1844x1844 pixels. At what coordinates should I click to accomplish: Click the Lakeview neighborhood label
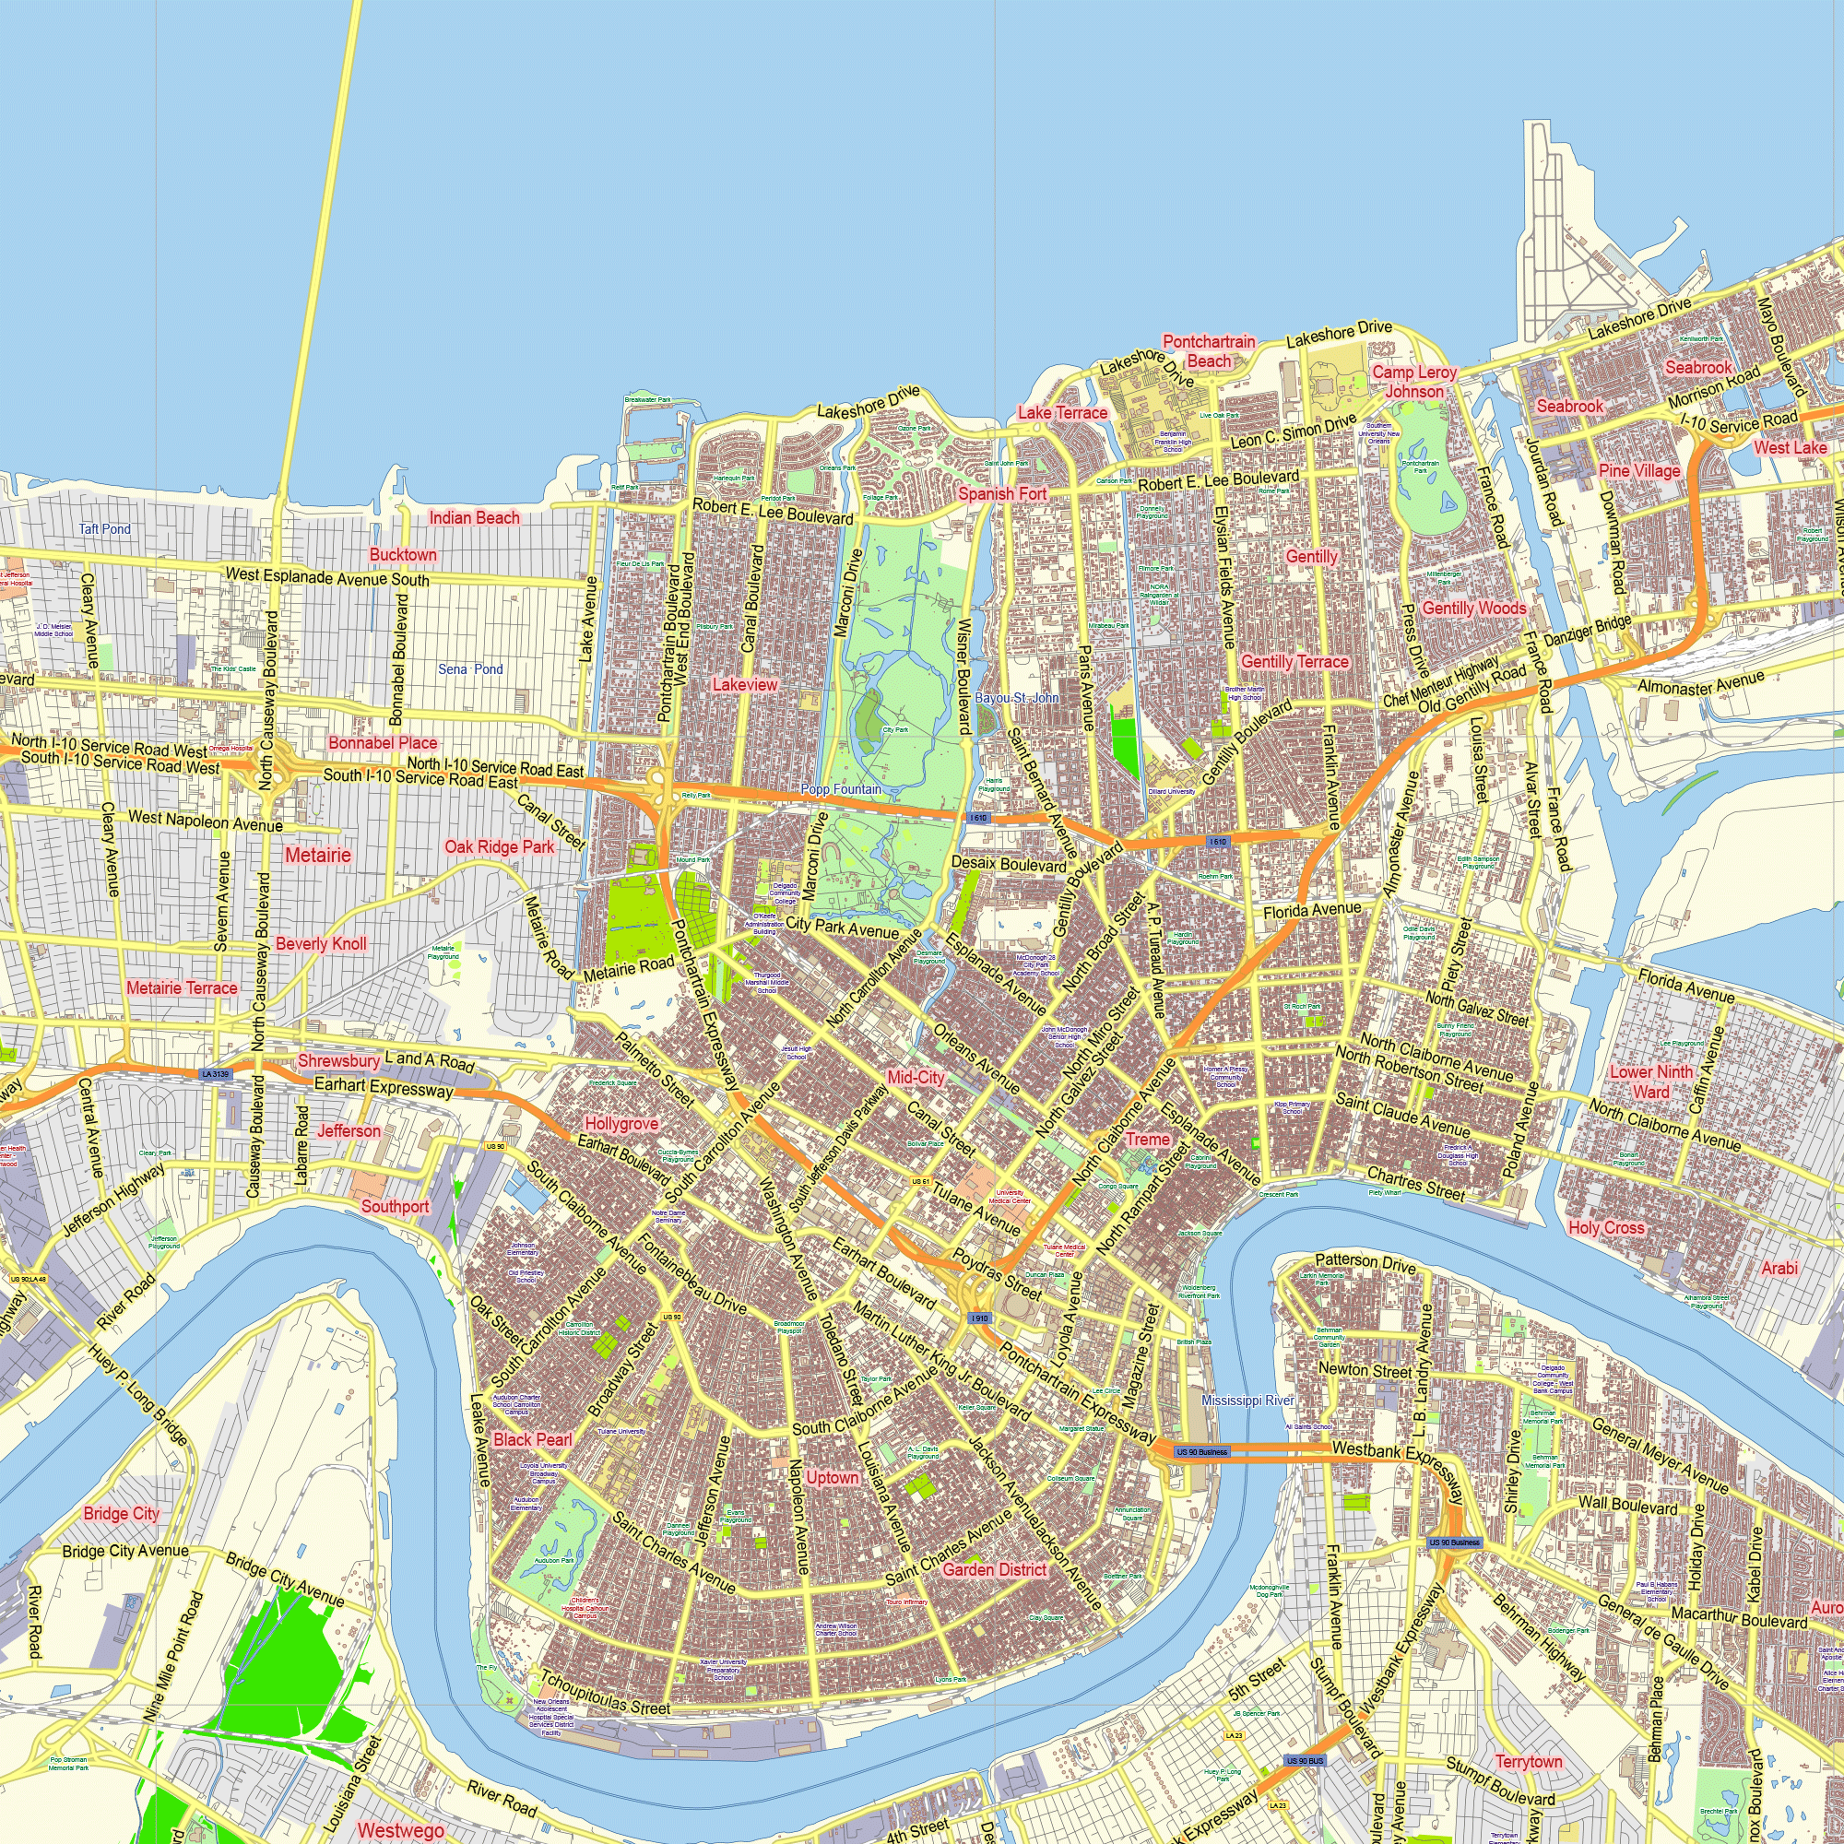pyautogui.click(x=745, y=684)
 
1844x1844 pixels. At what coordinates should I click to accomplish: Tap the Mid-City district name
pyautogui.click(x=916, y=1078)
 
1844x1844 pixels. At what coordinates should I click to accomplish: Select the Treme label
pyautogui.click(x=1147, y=1139)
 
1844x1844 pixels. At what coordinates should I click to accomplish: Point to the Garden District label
pyautogui.click(x=995, y=1570)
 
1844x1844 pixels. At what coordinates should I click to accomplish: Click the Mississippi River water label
pyautogui.click(x=1247, y=1401)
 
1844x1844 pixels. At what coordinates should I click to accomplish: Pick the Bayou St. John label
pyautogui.click(x=1016, y=698)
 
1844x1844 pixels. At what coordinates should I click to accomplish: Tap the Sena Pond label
pyautogui.click(x=469, y=669)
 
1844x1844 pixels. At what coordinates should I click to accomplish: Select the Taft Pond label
pyautogui.click(x=105, y=528)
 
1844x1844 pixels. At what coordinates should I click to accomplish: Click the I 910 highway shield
pyautogui.click(x=979, y=1318)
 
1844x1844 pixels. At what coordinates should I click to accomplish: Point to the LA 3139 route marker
pyautogui.click(x=216, y=1074)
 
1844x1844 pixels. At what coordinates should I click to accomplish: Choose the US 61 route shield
pyautogui.click(x=920, y=1182)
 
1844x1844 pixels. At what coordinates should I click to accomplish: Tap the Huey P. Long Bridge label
pyautogui.click(x=137, y=1394)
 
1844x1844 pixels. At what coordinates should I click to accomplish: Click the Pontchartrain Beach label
pyautogui.click(x=1210, y=351)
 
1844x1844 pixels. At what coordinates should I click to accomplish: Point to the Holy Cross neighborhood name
pyautogui.click(x=1606, y=1227)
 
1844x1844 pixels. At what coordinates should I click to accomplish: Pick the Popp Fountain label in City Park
pyautogui.click(x=841, y=789)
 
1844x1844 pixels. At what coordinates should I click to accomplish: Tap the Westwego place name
pyautogui.click(x=400, y=1829)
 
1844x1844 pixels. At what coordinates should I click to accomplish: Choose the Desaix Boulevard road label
pyautogui.click(x=1009, y=865)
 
